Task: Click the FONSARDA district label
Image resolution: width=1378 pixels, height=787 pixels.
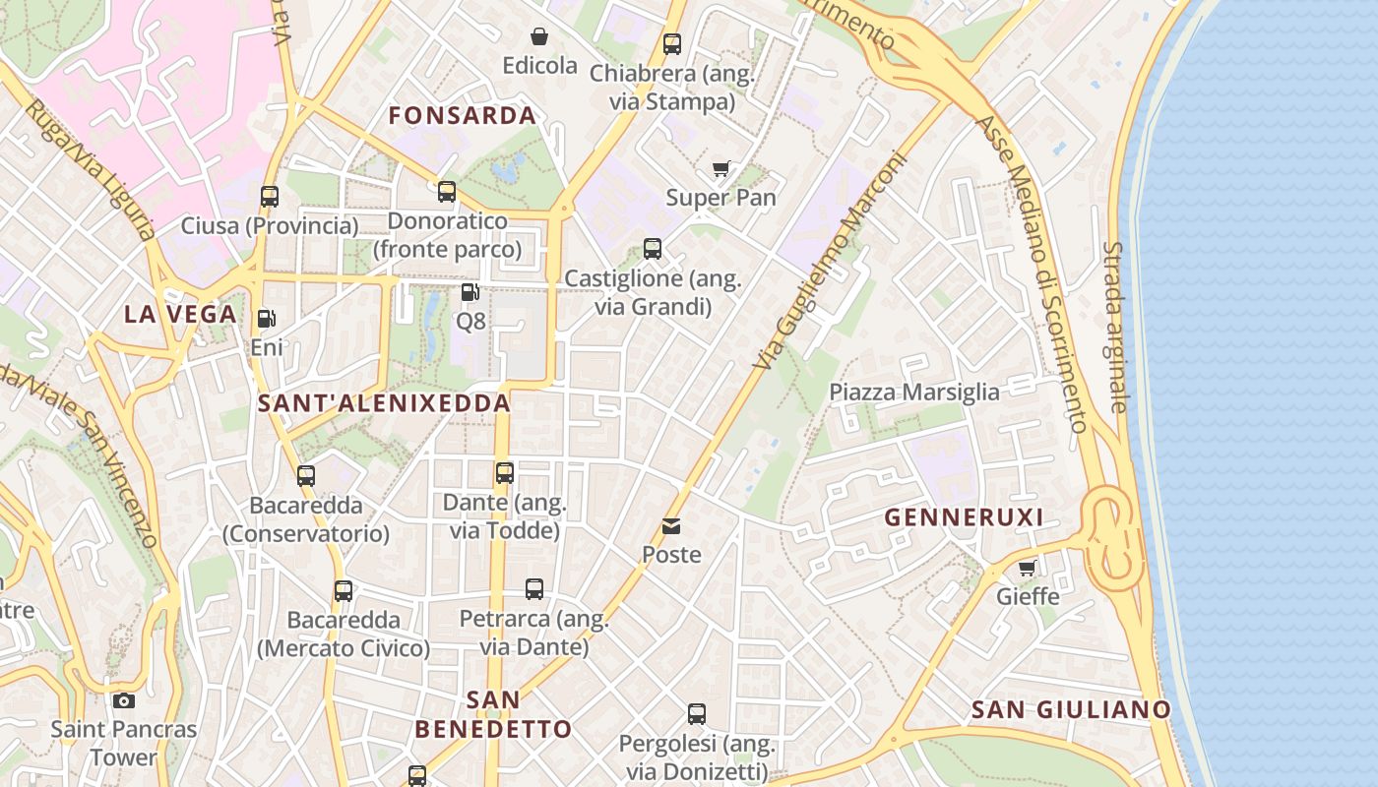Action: pos(462,115)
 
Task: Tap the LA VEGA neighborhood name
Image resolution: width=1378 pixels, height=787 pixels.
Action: pos(180,314)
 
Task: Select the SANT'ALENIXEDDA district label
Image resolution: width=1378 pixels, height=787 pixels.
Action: pos(384,402)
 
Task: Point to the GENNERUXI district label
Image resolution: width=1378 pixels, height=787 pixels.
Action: pos(963,517)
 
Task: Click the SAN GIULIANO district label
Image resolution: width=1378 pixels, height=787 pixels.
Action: pos(1071,709)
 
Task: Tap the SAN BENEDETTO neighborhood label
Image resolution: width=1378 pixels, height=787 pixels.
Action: pos(493,714)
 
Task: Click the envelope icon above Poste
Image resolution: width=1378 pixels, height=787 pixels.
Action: pos(671,526)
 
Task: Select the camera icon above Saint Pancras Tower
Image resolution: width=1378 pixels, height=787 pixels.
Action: pos(123,700)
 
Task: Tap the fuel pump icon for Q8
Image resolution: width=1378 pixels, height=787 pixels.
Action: pos(470,292)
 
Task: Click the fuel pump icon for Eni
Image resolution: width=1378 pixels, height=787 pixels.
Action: pos(266,319)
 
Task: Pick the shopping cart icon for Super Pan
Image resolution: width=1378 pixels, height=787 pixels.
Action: pos(721,169)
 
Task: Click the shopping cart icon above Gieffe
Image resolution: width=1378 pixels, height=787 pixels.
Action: pos(1028,568)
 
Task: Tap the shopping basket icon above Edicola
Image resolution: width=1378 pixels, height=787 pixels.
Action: pos(539,37)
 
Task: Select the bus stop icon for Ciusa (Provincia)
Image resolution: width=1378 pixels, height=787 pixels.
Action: pos(270,197)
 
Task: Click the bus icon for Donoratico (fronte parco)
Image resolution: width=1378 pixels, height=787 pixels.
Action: pos(447,192)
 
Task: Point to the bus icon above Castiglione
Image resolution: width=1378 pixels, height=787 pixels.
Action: pos(653,249)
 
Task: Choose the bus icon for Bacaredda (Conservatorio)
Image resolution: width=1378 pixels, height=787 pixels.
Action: pos(306,476)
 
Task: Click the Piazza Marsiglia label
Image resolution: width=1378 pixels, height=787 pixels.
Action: pos(913,392)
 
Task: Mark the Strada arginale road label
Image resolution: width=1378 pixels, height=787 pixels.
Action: pos(1113,327)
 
